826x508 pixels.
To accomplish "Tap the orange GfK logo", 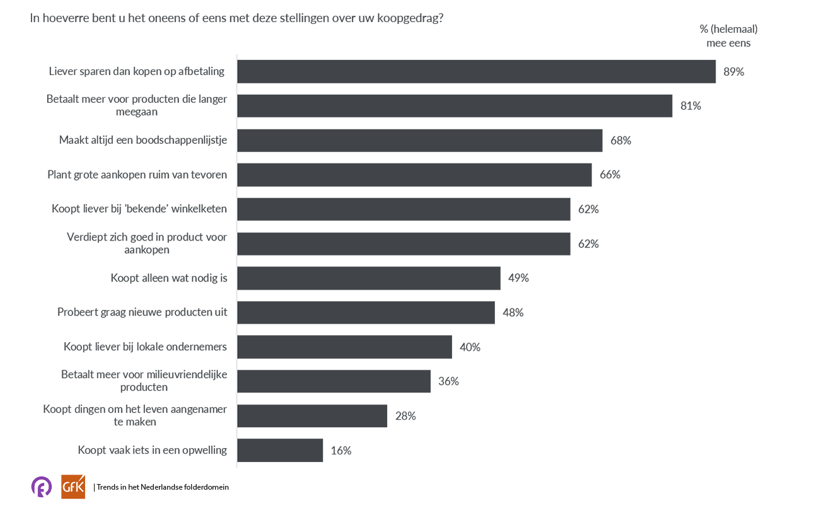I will (69, 486).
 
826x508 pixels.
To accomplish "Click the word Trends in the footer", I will (107, 487).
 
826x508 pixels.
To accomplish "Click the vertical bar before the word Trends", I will (94, 487).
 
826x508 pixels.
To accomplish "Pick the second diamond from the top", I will (231, 121).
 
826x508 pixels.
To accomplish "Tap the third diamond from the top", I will (233, 158).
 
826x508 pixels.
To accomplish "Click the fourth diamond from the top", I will (233, 193).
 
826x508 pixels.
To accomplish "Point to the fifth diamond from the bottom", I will (233, 295).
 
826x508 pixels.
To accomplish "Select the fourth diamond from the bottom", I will (233, 329).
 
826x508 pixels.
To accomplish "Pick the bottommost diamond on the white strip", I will (231, 432).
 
